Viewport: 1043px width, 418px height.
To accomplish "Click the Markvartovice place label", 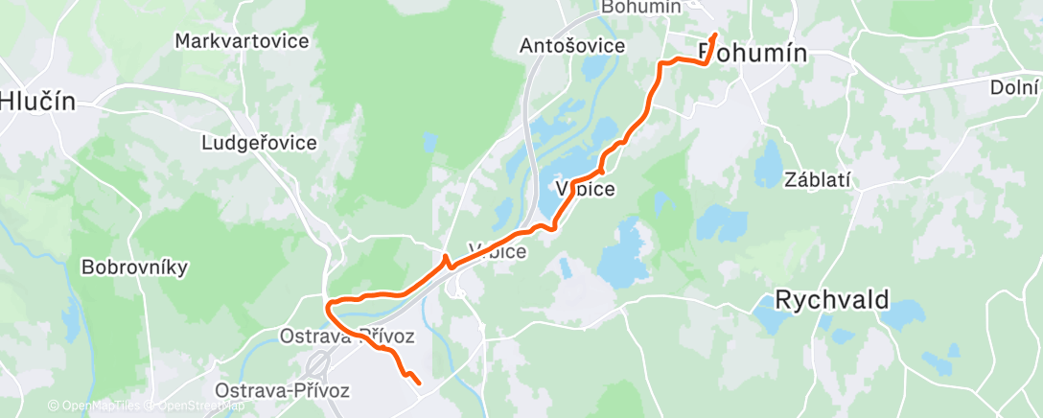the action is [x=242, y=41].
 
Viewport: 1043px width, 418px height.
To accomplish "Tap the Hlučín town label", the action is [x=36, y=100].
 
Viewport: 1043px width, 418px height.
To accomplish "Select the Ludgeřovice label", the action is [x=259, y=143].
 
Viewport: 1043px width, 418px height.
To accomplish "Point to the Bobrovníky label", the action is [x=134, y=267].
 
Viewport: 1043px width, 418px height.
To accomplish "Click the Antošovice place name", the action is [x=572, y=45].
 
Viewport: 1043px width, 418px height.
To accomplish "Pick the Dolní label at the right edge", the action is [x=1014, y=87].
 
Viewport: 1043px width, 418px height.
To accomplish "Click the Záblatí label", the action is [x=818, y=179].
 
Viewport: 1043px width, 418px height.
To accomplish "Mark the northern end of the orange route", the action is [x=714, y=35].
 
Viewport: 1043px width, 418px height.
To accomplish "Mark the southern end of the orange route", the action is [x=419, y=383].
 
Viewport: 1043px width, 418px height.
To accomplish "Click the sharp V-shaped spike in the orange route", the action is [x=445, y=259].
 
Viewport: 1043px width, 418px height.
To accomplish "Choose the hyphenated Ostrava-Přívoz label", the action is [x=283, y=390].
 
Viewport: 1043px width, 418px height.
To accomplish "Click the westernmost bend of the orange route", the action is [x=328, y=307].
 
